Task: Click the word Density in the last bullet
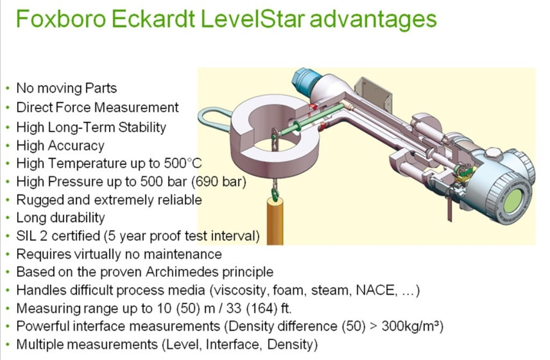[293, 344]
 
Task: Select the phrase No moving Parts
[67, 88]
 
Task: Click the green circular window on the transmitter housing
[514, 200]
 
